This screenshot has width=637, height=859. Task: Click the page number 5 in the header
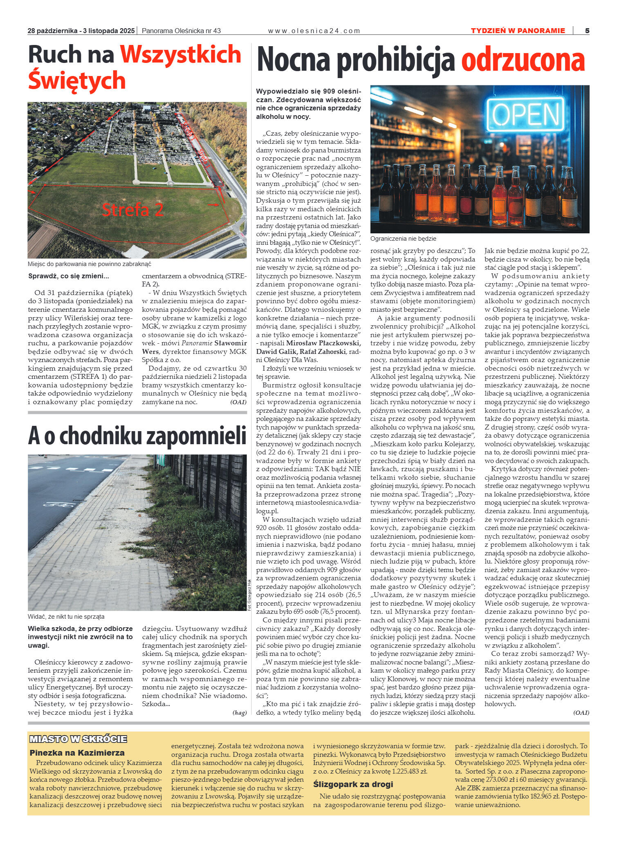587,31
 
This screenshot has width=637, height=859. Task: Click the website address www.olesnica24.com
314,31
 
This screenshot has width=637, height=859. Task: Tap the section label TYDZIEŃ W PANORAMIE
518,31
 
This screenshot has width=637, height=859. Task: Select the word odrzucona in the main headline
523,60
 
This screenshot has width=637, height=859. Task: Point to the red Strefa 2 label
132,210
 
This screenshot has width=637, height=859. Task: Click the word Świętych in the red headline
77,80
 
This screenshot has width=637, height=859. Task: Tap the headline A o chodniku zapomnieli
137,436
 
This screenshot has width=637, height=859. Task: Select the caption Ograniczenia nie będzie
403,239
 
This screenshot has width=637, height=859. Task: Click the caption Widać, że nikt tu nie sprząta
66,617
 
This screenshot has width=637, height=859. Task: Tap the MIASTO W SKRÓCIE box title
78,739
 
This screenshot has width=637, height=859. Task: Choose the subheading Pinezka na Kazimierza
77,753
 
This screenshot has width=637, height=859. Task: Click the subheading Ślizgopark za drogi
353,784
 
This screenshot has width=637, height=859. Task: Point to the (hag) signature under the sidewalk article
240,713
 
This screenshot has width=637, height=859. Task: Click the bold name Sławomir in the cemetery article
231,343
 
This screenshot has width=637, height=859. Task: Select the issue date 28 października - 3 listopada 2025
81,31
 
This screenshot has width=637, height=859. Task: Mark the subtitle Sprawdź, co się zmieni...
69,276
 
